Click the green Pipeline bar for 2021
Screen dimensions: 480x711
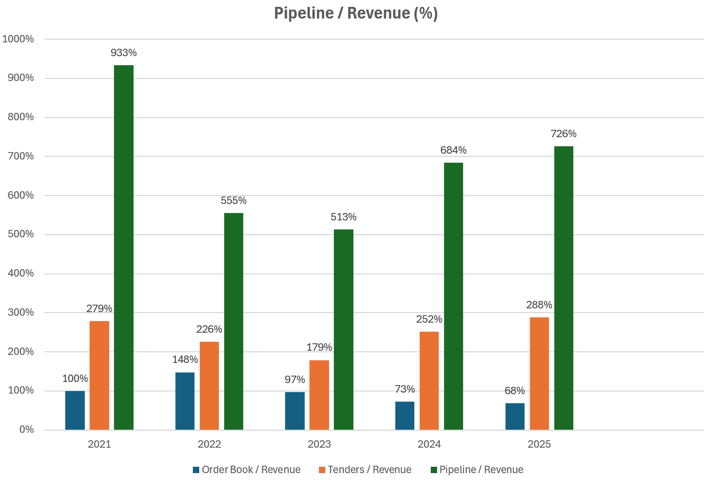[123, 247]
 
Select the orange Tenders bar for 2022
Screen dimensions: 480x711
[209, 386]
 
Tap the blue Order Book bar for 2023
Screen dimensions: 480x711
[295, 411]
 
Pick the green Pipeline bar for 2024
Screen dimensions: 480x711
[454, 296]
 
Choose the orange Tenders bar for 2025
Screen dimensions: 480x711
[539, 374]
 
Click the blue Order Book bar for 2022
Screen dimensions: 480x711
[185, 401]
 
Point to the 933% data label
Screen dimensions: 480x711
[123, 53]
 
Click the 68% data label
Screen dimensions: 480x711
[514, 391]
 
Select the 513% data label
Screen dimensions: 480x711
[343, 217]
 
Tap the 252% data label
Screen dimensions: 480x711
[429, 319]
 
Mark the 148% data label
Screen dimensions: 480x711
[185, 360]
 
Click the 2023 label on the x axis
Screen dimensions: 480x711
[319, 445]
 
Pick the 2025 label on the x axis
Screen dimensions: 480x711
[539, 445]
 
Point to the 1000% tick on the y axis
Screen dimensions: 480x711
[18, 39]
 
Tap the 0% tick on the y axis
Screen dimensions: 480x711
[26, 430]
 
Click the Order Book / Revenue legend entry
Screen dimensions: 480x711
[246, 470]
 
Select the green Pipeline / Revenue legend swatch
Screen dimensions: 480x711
[433, 470]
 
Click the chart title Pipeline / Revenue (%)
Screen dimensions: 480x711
[355, 13]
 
